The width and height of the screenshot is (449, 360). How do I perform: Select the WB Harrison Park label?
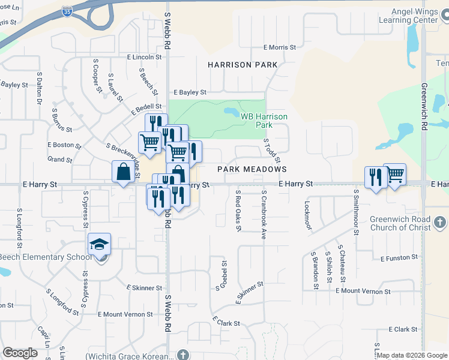point(264,121)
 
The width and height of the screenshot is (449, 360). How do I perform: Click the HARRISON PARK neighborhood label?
point(243,65)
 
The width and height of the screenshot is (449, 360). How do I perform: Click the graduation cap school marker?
point(100,244)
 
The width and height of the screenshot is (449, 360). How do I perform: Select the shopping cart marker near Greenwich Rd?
point(394,175)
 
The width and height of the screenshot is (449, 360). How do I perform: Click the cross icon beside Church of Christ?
point(440,223)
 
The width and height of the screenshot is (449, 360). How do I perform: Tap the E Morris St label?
point(280,47)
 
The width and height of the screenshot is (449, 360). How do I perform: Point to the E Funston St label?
point(399,257)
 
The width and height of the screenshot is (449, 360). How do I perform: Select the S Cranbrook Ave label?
point(264,215)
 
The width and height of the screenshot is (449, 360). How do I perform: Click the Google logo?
point(20,353)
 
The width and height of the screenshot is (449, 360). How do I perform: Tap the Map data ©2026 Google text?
point(412,355)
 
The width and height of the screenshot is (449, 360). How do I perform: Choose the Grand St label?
point(60,160)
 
